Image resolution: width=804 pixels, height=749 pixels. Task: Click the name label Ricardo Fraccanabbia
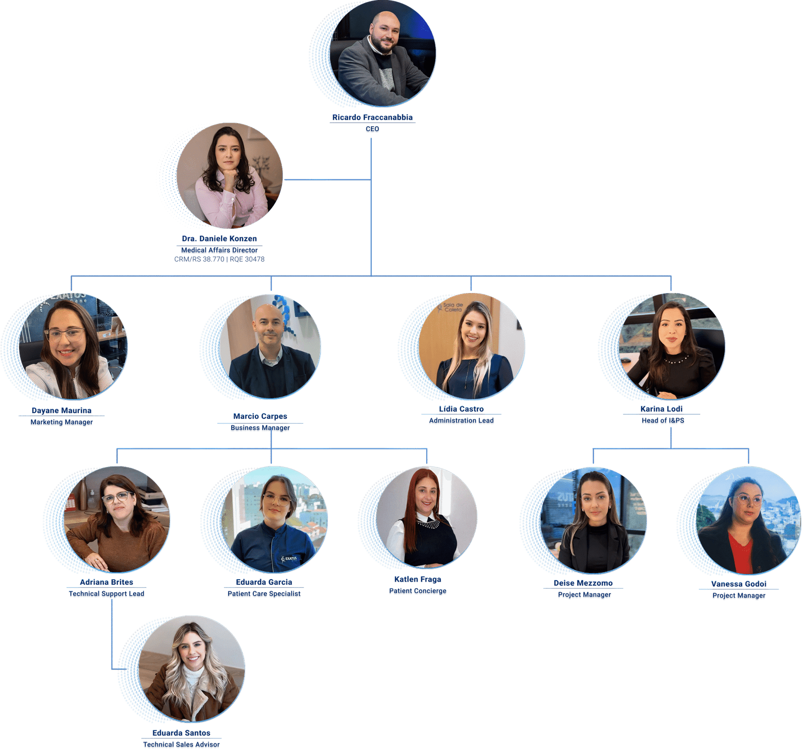[372, 117]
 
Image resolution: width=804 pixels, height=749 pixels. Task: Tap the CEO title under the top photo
[372, 130]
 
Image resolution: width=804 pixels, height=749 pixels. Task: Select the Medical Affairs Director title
[220, 250]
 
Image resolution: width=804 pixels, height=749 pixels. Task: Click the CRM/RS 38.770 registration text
[199, 259]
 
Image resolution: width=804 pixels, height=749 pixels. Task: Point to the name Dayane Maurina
[61, 410]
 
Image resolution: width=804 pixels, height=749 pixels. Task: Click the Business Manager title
[260, 428]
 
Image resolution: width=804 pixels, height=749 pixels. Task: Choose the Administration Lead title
[461, 421]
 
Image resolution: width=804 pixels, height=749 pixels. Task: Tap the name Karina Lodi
[662, 409]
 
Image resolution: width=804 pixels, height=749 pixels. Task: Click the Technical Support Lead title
[107, 594]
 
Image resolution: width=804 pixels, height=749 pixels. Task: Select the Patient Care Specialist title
[264, 594]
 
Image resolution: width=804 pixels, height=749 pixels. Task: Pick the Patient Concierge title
[418, 592]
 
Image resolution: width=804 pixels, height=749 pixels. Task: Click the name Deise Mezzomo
[583, 583]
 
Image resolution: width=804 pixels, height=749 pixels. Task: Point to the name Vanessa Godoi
[739, 584]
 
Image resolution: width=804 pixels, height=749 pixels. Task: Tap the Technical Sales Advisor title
[181, 744]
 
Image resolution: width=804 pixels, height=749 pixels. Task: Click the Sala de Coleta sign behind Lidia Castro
[451, 307]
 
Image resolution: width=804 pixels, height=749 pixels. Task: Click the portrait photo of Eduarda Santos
[191, 669]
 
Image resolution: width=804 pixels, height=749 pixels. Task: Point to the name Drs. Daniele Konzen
[220, 238]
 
